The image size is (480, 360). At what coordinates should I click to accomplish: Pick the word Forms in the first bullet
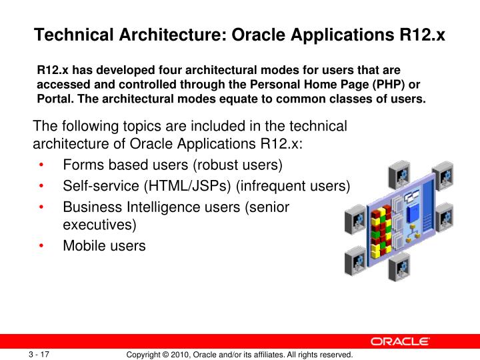coord(81,165)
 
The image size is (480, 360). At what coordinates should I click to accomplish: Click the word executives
coord(99,224)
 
